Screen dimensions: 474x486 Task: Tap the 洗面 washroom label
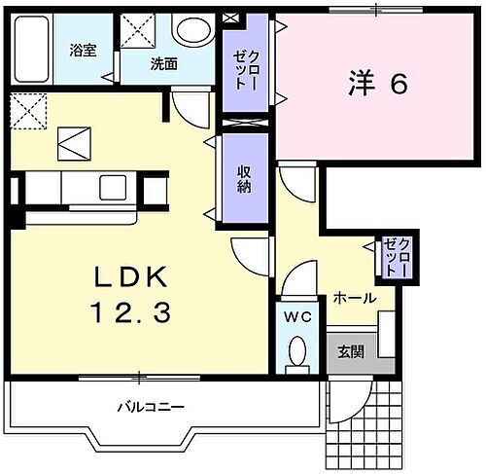point(163,65)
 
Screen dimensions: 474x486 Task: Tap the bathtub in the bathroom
point(31,49)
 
